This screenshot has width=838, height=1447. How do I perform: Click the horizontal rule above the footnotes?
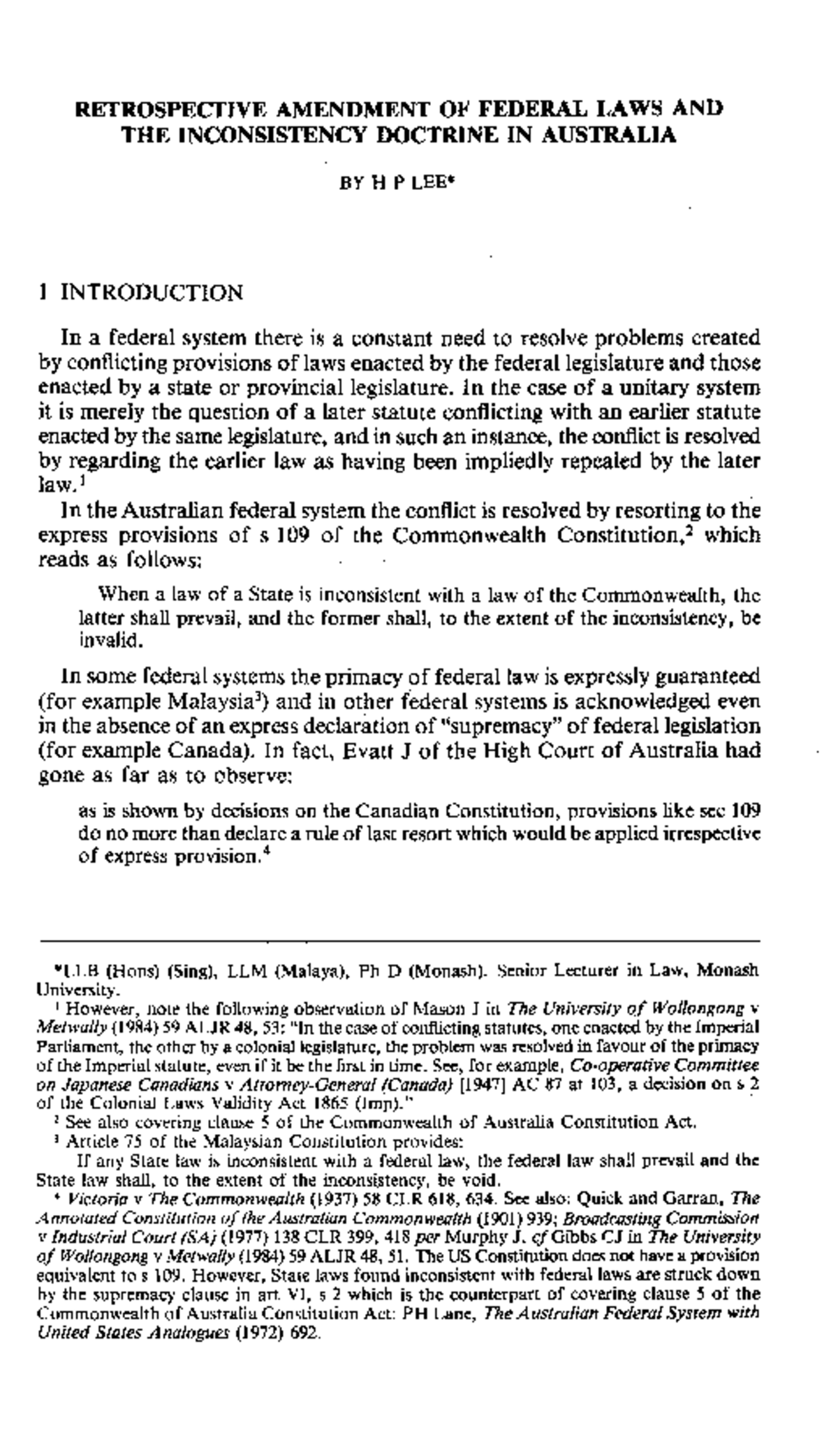click(x=399, y=941)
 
